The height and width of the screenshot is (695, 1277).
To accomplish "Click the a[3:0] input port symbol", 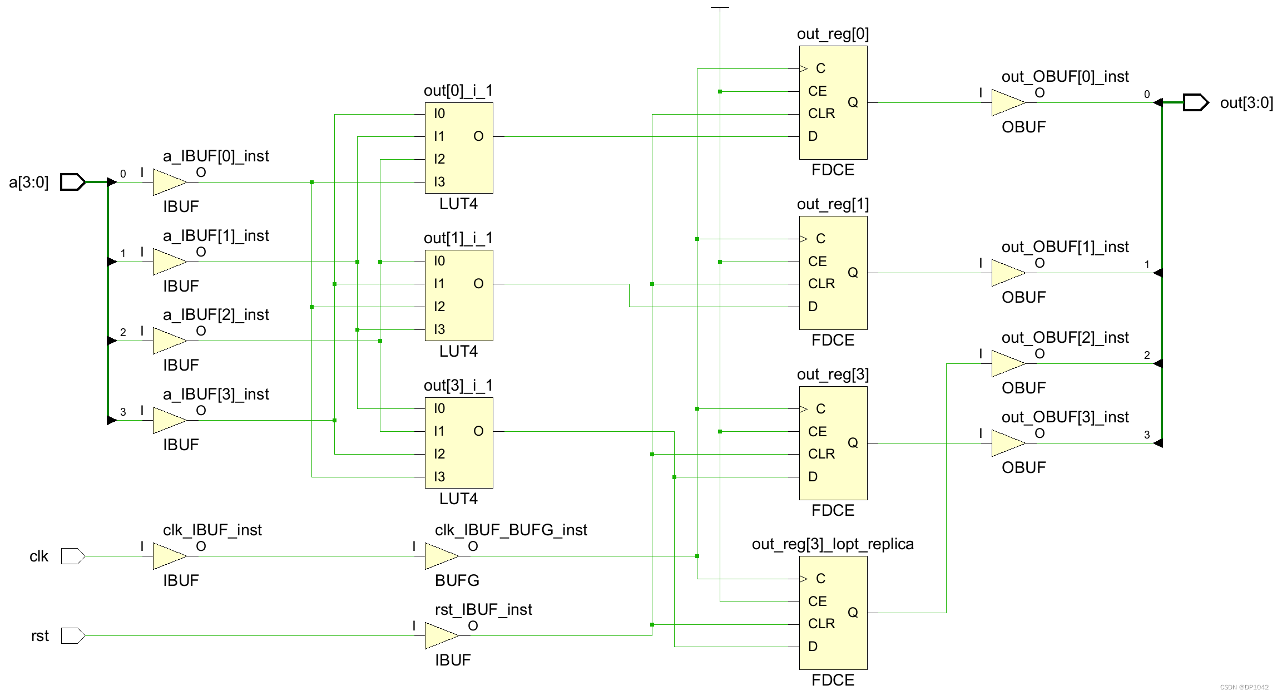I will tap(72, 182).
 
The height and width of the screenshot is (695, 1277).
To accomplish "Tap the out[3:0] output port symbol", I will tap(1195, 102).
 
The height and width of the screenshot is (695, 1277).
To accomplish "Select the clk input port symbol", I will tap(72, 556).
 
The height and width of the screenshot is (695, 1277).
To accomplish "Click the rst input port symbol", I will tap(72, 635).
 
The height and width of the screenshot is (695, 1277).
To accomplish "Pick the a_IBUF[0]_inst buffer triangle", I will tap(169, 182).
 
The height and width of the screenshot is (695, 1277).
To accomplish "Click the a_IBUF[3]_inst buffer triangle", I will tap(169, 420).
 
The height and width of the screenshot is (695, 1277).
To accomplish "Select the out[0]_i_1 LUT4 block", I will tap(459, 148).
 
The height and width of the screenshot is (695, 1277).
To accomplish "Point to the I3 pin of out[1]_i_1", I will tap(439, 329).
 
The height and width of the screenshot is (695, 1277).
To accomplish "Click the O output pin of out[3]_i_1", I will tap(478, 431).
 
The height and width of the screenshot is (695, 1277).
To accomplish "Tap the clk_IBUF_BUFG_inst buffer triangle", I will tap(440, 556).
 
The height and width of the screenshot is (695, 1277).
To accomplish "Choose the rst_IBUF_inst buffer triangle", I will tap(440, 635).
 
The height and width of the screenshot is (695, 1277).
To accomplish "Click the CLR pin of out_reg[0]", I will tap(821, 114).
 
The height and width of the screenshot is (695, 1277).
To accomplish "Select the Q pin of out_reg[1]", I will tap(853, 273).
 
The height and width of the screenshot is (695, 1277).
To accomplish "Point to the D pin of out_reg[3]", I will tap(813, 477).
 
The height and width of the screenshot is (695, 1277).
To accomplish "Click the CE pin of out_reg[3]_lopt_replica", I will tap(817, 602).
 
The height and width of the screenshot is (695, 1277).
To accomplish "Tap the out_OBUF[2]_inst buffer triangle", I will tap(1007, 364).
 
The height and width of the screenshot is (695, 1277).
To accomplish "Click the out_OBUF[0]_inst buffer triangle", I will tap(1007, 102).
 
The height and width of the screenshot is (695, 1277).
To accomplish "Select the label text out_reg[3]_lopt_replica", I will tap(833, 544).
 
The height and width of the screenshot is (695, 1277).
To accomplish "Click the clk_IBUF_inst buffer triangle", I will tap(169, 556).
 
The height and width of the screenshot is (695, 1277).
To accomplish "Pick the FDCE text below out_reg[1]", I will tap(833, 340).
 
